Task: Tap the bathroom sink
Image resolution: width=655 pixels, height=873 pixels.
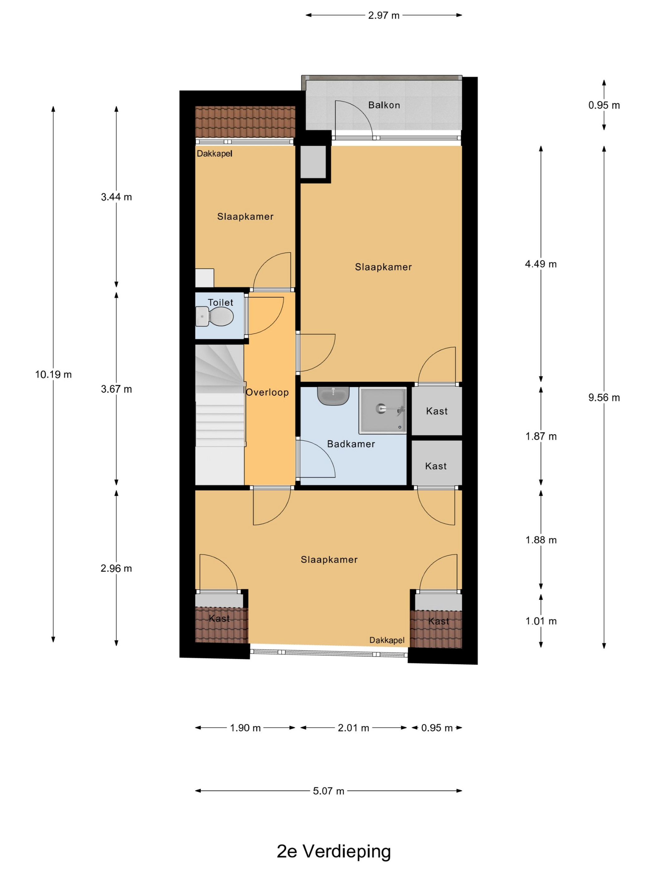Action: tap(333, 396)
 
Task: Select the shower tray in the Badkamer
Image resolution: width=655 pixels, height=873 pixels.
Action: tap(382, 410)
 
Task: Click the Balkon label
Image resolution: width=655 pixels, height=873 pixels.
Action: tap(384, 105)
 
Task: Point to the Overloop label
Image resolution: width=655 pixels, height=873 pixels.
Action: tap(267, 392)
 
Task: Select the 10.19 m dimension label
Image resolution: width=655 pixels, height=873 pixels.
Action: tap(53, 374)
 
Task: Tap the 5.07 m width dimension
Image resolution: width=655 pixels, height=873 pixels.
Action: tap(328, 791)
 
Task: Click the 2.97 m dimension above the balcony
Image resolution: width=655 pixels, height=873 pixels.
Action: tap(384, 15)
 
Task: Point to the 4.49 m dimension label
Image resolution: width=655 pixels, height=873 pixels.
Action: tap(541, 264)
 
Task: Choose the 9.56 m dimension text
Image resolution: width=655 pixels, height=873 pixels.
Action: tap(604, 398)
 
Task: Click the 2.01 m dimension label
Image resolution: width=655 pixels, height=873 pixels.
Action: tap(353, 728)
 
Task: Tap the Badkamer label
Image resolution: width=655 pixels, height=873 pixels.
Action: tap(351, 444)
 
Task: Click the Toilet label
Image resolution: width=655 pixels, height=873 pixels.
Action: tap(220, 302)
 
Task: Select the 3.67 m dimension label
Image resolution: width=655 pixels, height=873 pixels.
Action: tap(116, 389)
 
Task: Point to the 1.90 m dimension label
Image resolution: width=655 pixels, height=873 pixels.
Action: tap(245, 728)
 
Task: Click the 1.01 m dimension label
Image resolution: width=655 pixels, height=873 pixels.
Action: tap(541, 621)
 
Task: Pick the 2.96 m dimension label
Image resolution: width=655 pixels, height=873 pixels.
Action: tap(116, 568)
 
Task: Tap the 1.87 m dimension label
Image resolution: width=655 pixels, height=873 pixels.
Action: tap(541, 436)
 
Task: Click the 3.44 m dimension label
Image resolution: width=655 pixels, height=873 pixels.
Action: tap(116, 197)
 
